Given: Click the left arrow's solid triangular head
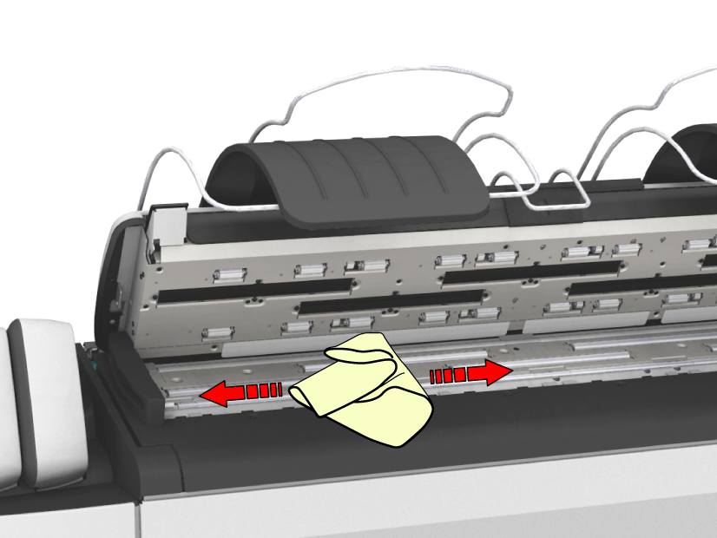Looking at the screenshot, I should click(x=216, y=395).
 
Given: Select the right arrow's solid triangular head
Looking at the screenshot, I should click(x=495, y=372).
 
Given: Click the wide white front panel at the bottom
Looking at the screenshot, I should click(x=434, y=503).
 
